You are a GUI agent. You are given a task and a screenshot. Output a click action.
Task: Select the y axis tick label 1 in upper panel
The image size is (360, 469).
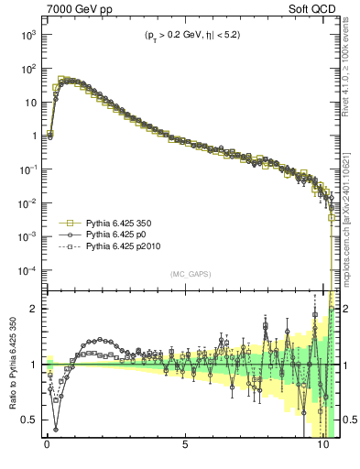click(34, 136)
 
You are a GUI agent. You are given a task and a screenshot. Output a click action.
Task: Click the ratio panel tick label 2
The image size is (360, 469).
click(34, 310)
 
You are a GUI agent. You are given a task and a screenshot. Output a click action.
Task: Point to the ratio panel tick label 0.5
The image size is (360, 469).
click(29, 420)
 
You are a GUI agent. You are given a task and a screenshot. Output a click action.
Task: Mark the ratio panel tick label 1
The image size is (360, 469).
click(34, 365)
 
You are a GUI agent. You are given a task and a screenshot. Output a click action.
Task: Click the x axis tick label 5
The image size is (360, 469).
click(185, 450)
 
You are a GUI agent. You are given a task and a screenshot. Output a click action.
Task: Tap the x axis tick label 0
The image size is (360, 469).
click(47, 450)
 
